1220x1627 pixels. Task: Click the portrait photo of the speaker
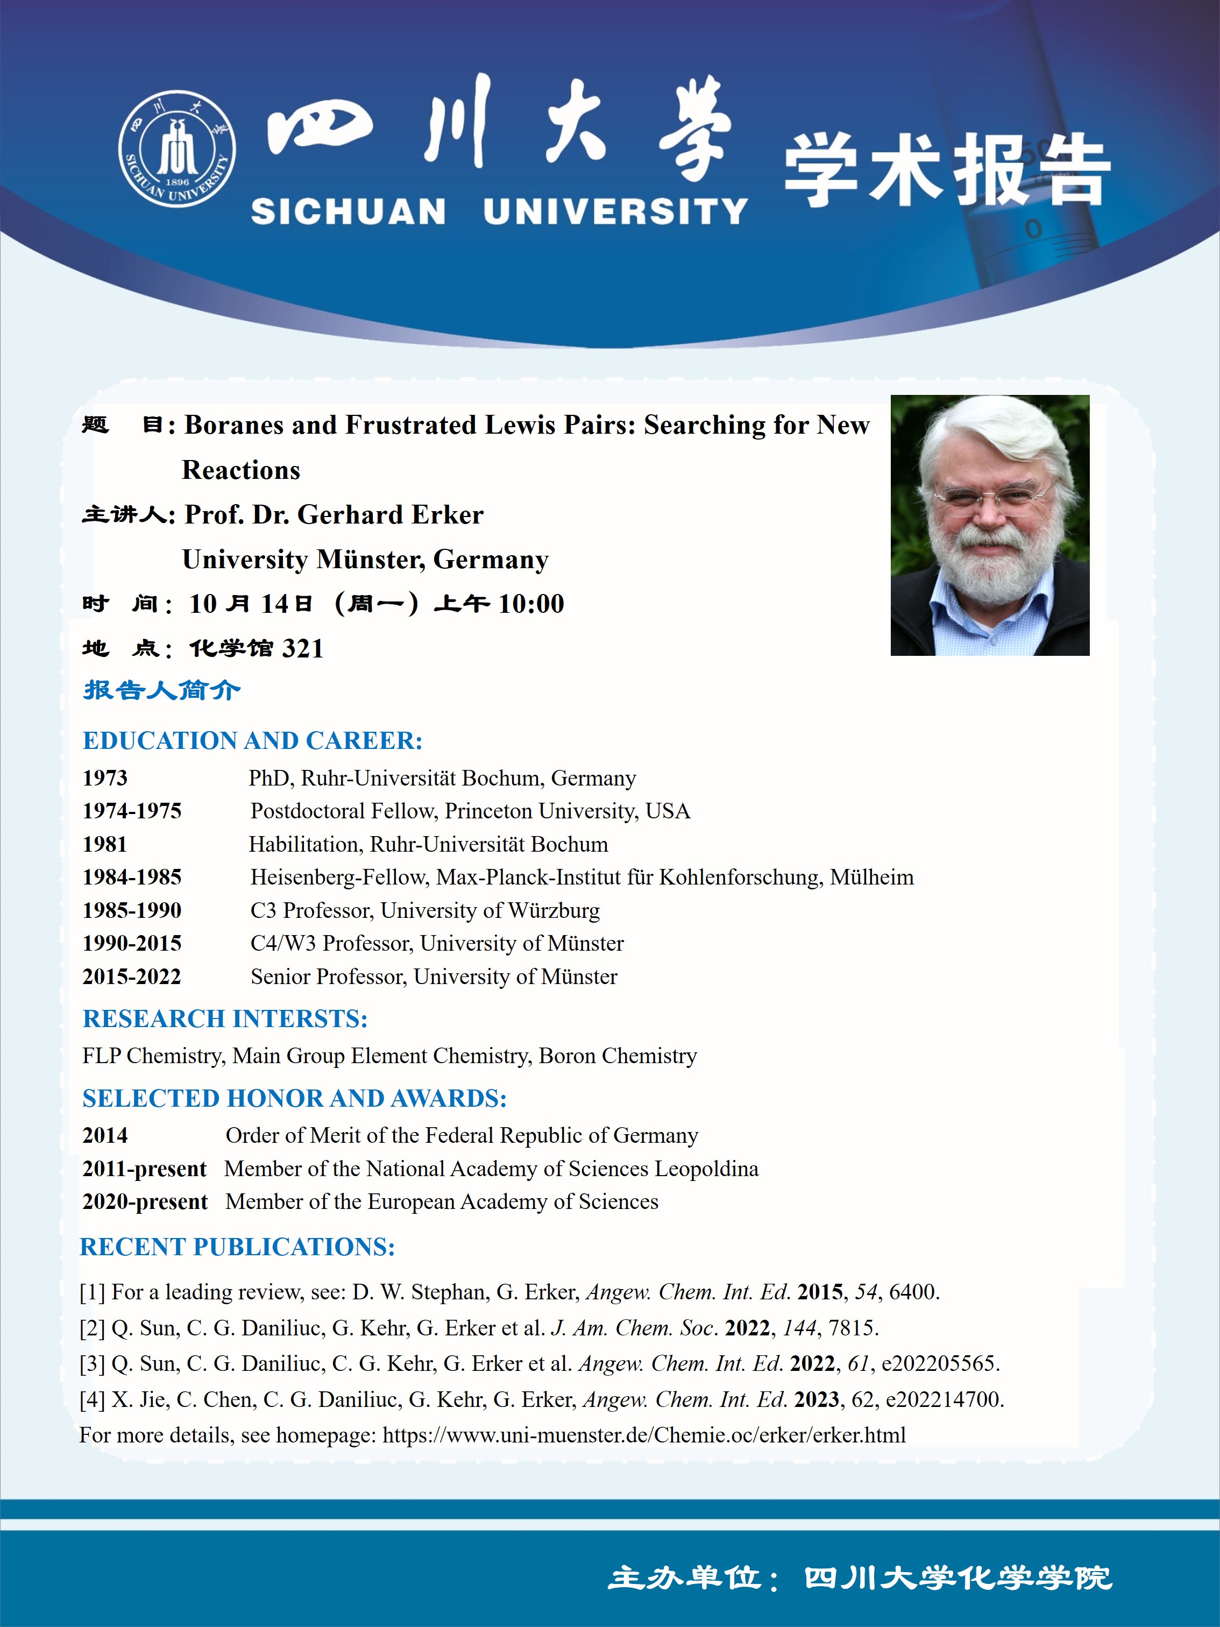989,525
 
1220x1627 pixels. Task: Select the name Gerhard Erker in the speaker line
390,515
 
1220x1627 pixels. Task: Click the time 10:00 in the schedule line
531,604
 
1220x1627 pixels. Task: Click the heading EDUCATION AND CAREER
252,741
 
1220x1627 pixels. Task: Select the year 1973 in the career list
105,778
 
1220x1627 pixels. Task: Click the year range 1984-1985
132,877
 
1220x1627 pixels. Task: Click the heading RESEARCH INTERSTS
225,1018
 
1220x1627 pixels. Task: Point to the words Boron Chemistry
618,1056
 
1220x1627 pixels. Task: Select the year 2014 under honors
105,1136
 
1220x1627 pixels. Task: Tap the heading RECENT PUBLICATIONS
238,1247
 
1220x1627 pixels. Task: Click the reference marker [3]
92,1364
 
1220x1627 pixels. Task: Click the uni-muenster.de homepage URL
644,1435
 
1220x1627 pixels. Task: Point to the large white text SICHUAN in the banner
348,212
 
